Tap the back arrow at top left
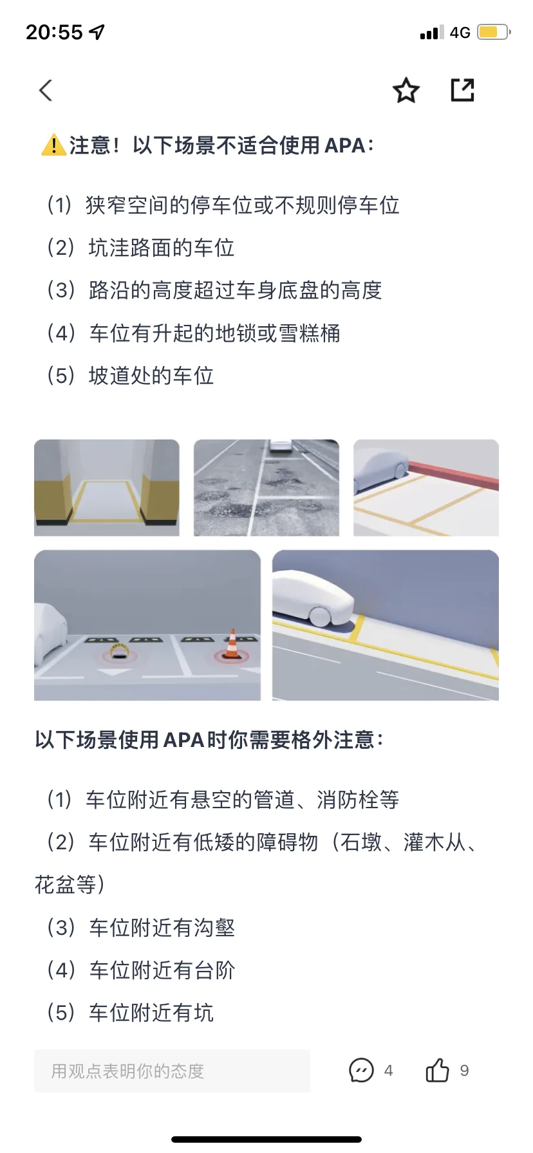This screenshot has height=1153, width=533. coord(45,91)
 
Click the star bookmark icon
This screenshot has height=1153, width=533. coord(406,90)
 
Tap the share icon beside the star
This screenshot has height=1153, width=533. coord(462,90)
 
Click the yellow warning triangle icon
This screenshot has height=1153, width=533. coord(53,145)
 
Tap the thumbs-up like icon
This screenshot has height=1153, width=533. coord(437,1070)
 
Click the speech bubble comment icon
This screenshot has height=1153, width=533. coord(361,1070)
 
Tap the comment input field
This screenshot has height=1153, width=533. coord(172,1071)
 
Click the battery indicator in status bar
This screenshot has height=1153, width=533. coord(493,32)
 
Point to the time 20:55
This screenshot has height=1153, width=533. coord(55,32)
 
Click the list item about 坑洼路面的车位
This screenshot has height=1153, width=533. coord(140,248)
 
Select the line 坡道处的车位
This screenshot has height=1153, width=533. coord(130,376)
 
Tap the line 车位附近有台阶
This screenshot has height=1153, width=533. coord(140,970)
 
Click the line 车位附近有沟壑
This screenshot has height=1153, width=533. coord(140,928)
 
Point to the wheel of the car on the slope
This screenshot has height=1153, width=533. coord(320,614)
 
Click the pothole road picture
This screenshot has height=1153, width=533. coord(266,488)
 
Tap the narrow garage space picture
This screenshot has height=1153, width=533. coord(107,488)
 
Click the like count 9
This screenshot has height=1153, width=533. coord(464,1071)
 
